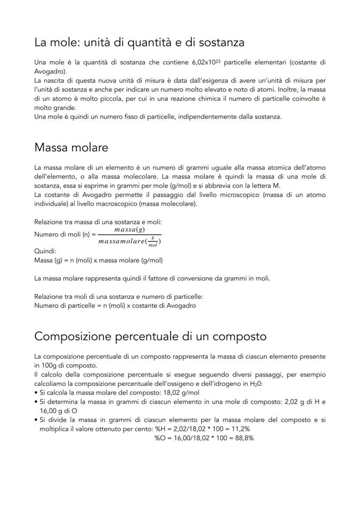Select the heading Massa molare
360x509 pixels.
pyautogui.click(x=71, y=147)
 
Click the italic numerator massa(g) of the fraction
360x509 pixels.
pyautogui.click(x=130, y=229)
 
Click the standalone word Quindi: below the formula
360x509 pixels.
pyautogui.click(x=45, y=251)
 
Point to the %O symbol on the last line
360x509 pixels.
pyautogui.click(x=160, y=438)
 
